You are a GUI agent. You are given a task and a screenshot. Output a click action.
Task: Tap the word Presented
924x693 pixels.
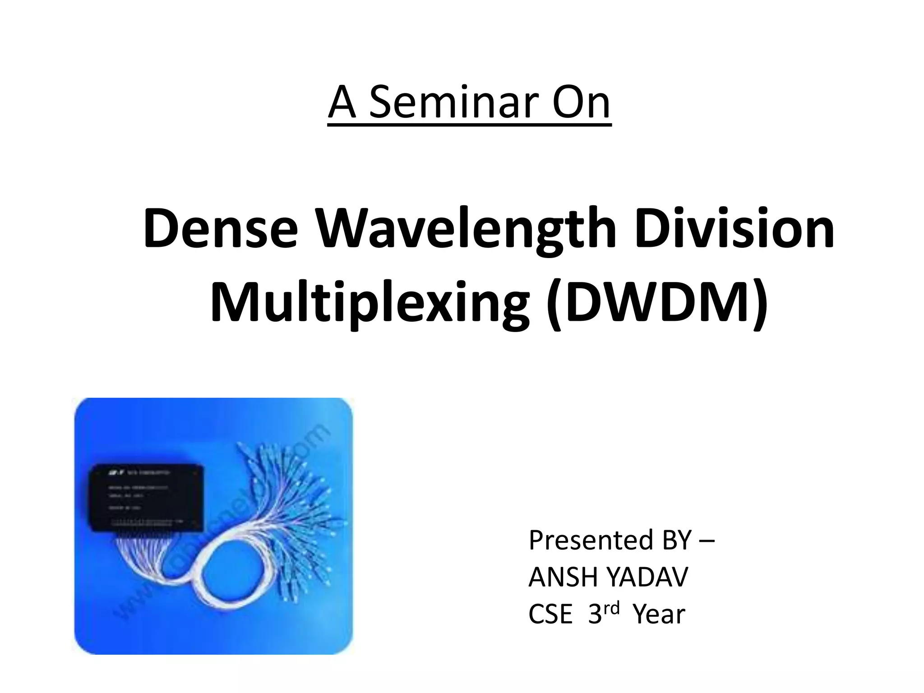coord(591,540)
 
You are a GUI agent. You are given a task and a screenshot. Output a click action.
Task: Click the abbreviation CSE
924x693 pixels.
coord(550,614)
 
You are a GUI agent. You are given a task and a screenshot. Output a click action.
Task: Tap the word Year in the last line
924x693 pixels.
coord(659,614)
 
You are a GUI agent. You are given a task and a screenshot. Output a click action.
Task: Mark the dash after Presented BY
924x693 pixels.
coord(706,541)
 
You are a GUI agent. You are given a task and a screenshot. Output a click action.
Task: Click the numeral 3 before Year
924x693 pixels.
coord(595,614)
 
